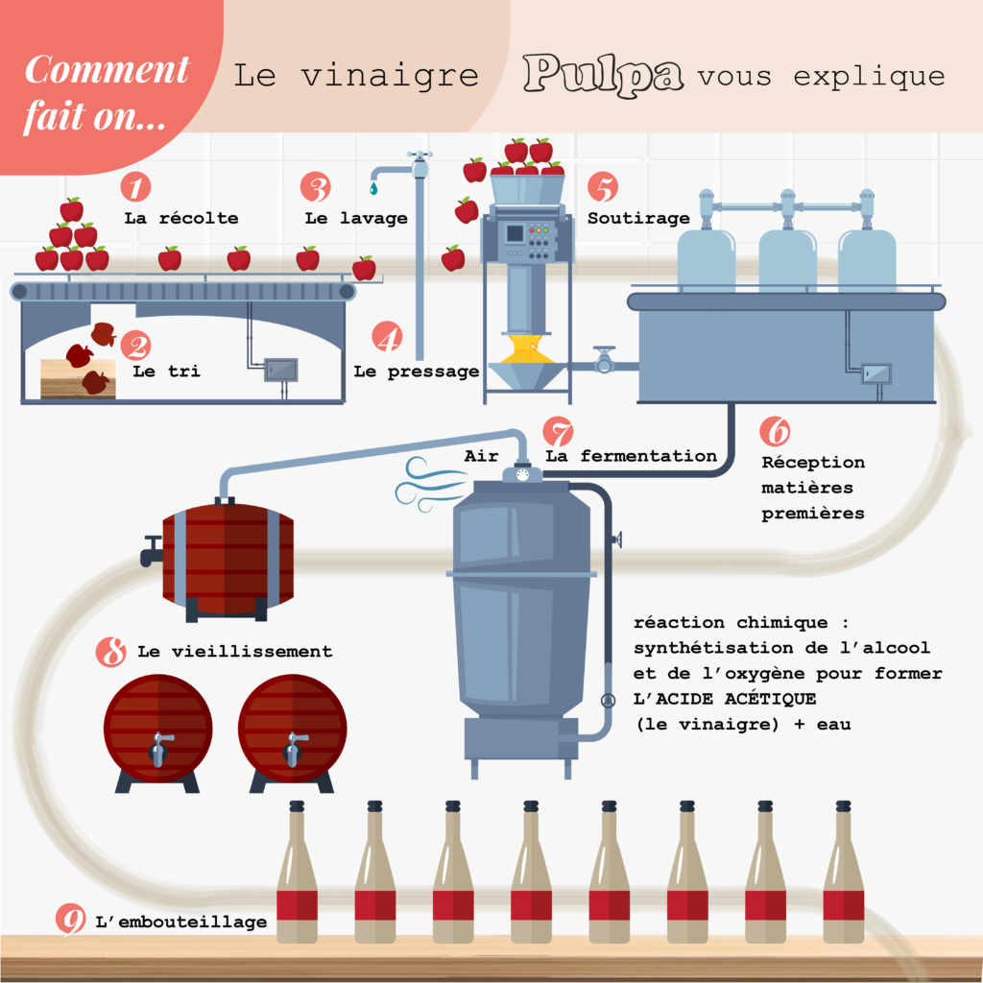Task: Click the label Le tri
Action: (x=166, y=371)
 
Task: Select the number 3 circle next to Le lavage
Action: (x=315, y=186)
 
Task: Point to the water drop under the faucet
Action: (x=373, y=188)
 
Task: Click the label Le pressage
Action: (x=416, y=372)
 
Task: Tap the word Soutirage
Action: (x=638, y=218)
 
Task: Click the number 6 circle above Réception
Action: (x=775, y=429)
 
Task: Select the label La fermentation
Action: (x=631, y=456)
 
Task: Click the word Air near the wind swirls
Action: (x=481, y=456)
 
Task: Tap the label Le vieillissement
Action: (x=234, y=652)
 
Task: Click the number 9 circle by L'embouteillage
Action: (x=70, y=920)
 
